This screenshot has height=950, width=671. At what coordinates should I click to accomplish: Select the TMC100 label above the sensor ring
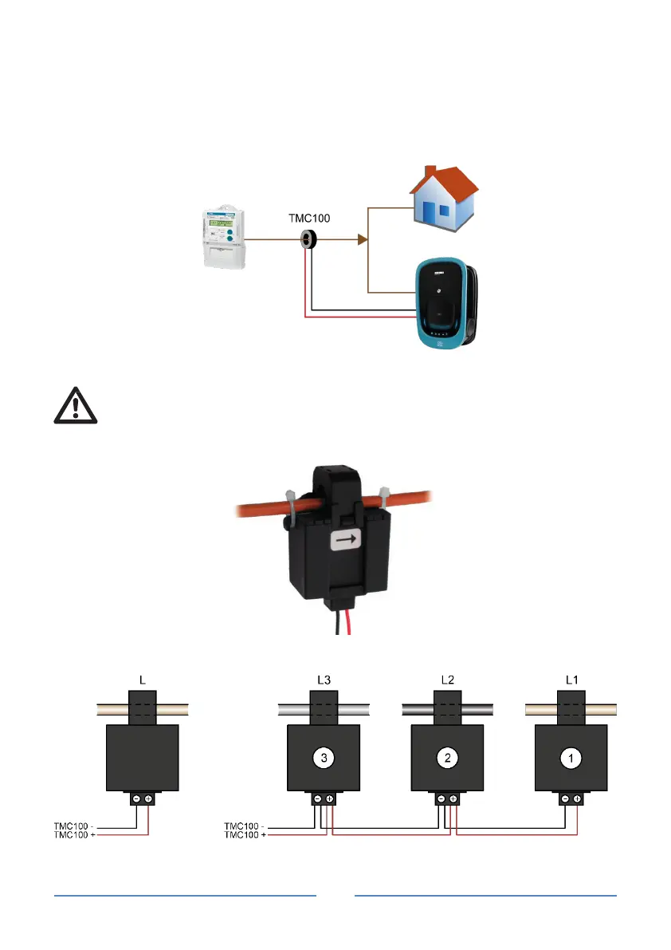309,216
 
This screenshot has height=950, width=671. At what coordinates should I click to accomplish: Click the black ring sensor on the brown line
308,238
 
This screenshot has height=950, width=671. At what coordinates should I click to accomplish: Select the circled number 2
447,759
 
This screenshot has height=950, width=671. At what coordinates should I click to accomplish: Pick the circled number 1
571,759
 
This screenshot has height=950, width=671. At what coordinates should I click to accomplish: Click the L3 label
324,680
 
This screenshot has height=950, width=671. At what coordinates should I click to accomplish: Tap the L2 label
447,680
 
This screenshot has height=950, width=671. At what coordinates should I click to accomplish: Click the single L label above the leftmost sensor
142,680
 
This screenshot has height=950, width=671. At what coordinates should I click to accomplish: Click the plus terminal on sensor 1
577,798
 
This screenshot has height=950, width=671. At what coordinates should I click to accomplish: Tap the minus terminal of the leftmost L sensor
136,798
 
